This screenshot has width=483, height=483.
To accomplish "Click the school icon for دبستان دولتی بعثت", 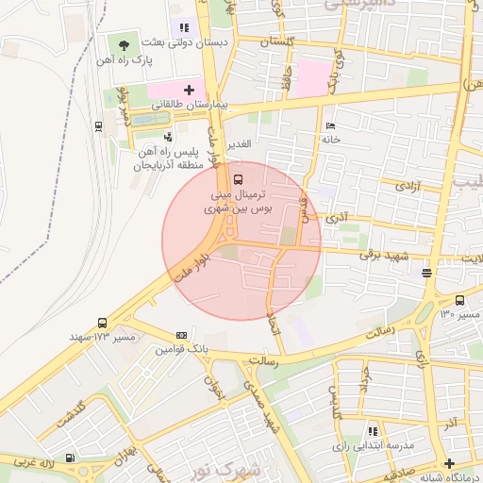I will point(184,28).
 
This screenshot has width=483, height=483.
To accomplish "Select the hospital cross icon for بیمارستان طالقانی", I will point(189,91).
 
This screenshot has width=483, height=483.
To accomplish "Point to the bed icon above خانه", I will point(329,125).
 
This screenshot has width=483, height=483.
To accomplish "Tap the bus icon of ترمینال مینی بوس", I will point(237,177).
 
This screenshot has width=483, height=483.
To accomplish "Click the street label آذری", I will point(337,218).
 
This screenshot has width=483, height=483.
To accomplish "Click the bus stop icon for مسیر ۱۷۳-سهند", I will point(102,323).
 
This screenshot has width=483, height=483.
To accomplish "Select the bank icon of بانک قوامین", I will point(181,335).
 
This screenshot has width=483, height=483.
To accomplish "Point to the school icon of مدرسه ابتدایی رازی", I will point(372,429).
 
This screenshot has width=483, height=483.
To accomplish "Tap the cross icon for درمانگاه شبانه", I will point(449,462).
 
